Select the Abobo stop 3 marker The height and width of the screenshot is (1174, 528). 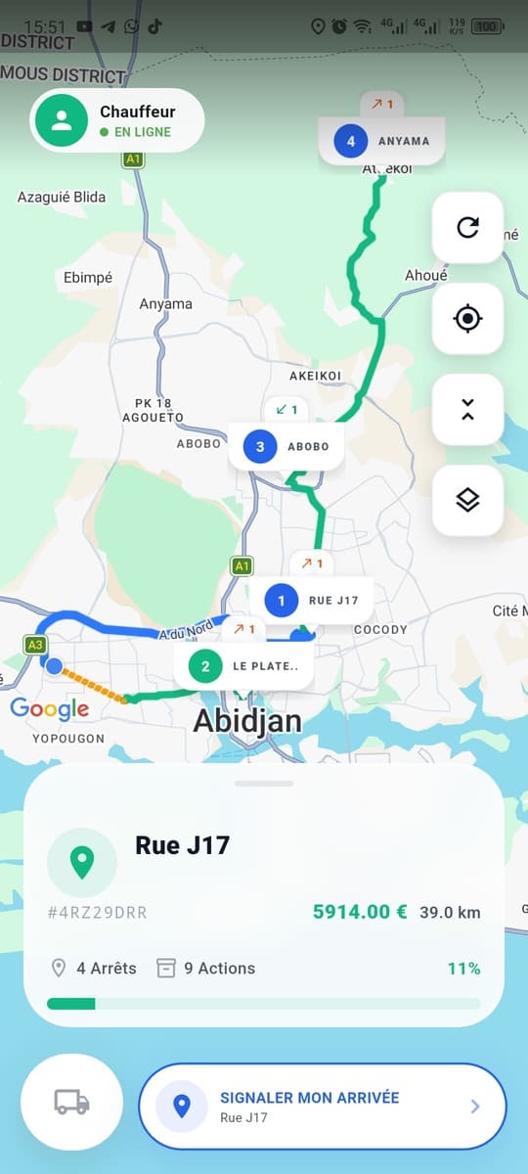coord(286,447)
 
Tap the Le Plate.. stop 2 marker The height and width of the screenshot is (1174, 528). coord(244,667)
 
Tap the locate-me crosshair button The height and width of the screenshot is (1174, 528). coord(467,319)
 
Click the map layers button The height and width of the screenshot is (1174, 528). coord(467,500)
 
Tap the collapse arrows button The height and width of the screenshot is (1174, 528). coord(467,410)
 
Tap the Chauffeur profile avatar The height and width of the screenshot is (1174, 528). coord(63,120)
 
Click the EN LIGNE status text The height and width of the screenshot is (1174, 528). coord(142,132)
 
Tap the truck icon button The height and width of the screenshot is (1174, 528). coord(71,1102)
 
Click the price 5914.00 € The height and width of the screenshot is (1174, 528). coord(359,912)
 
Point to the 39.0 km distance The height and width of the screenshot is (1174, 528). coord(450,913)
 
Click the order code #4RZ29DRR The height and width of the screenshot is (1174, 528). coord(97,913)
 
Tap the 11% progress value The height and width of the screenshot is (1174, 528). coord(463,969)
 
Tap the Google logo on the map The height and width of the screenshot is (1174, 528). coord(50,709)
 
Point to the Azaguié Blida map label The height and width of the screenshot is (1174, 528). coord(62,198)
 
